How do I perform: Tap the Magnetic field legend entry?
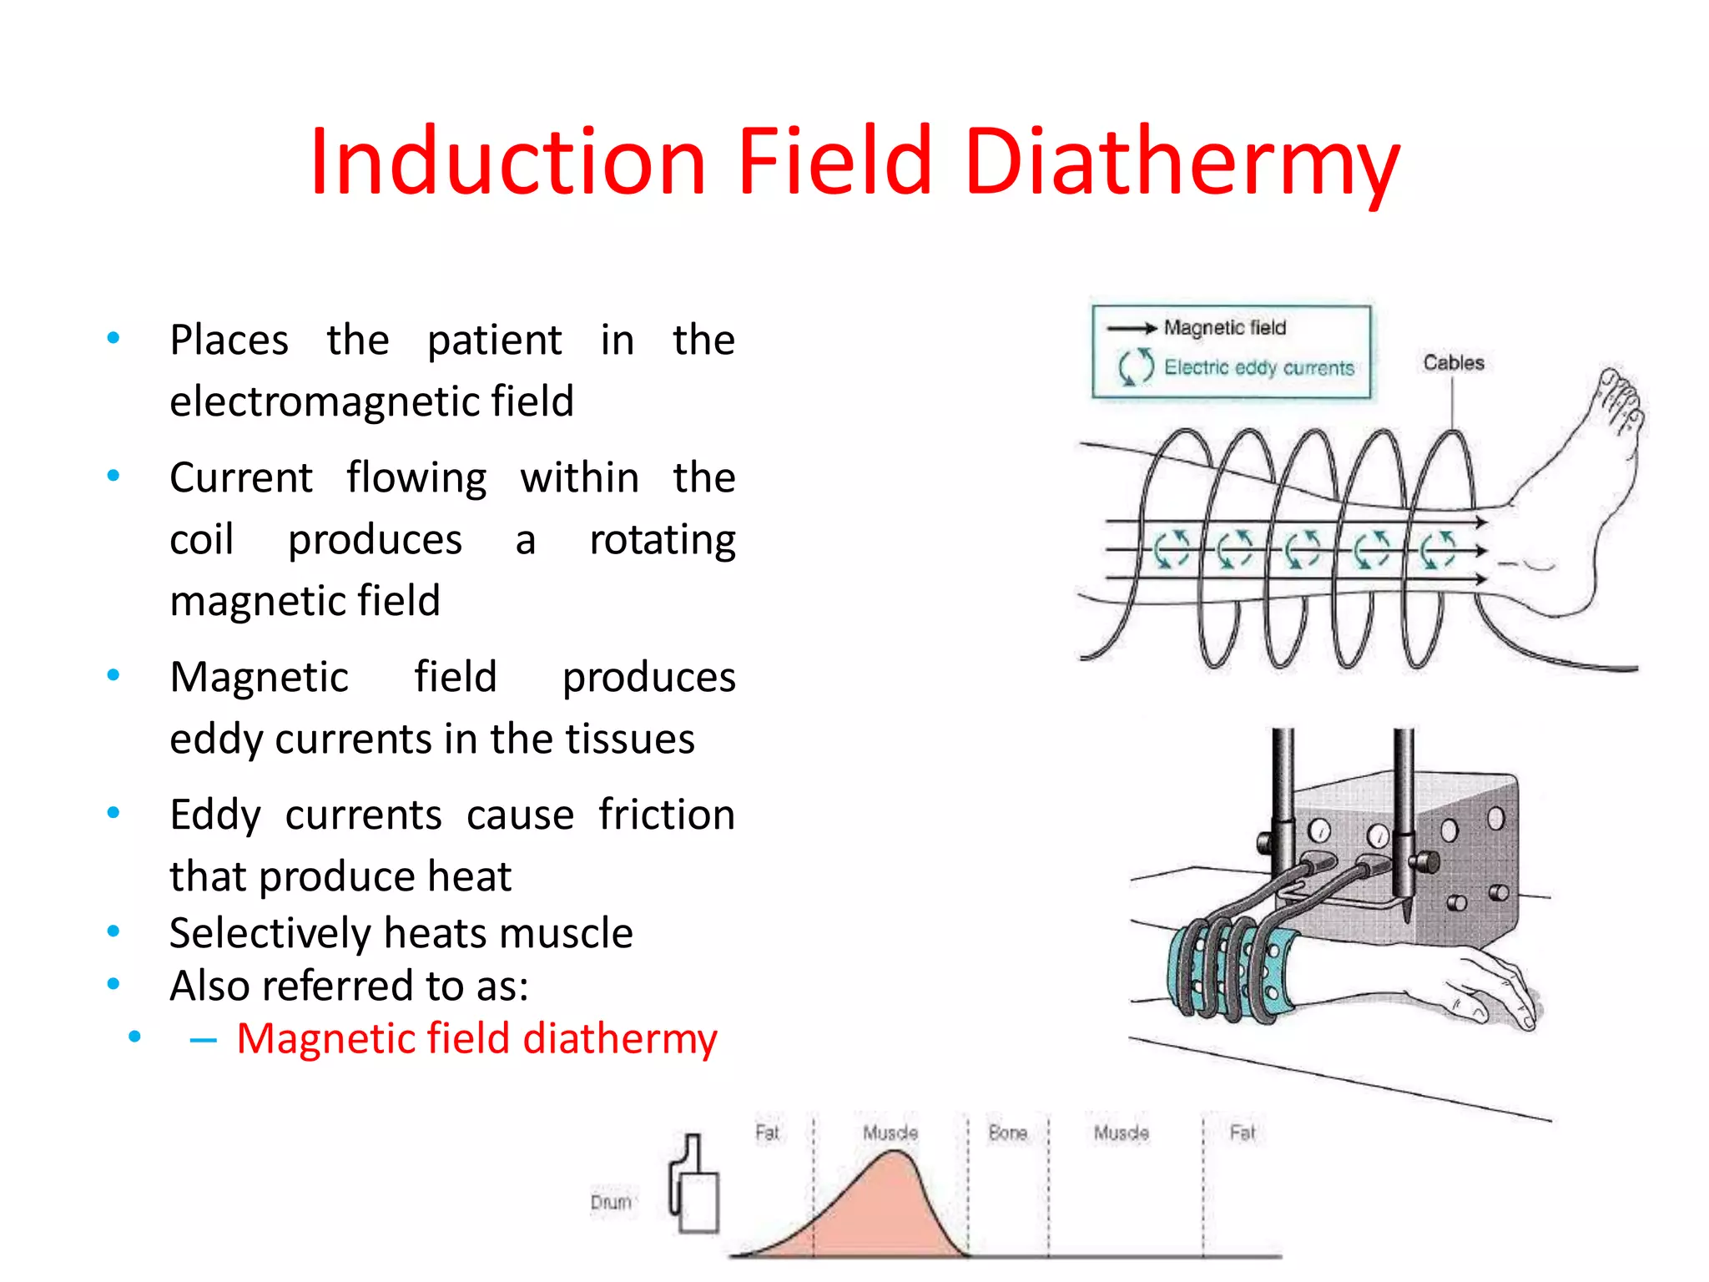1224,328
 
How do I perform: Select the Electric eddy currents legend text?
1258,368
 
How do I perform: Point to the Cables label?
1454,363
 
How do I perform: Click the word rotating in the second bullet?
662,540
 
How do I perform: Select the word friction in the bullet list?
666,815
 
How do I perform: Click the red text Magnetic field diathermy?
476,1039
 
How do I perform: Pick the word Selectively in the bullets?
270,933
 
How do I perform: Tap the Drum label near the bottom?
611,1203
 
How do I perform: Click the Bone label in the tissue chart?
1007,1133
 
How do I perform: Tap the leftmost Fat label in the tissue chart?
767,1133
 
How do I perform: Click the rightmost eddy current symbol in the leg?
1438,550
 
